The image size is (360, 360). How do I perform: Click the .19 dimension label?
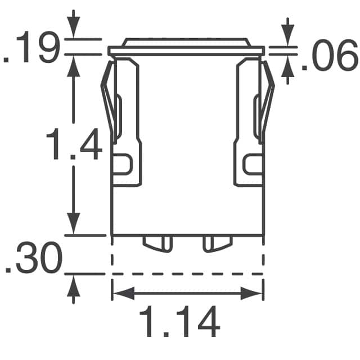[31, 47]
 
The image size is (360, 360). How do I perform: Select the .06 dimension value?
[330, 55]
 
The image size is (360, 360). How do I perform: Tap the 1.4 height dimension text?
[74, 144]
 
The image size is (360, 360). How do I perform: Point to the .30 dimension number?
[34, 258]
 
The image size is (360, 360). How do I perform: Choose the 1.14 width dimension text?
[179, 321]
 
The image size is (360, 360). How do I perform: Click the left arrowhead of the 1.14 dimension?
[124, 293]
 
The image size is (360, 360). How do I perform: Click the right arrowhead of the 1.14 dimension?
[251, 293]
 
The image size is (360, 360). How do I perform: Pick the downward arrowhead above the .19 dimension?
[73, 26]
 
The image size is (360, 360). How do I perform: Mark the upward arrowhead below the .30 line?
[73, 286]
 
